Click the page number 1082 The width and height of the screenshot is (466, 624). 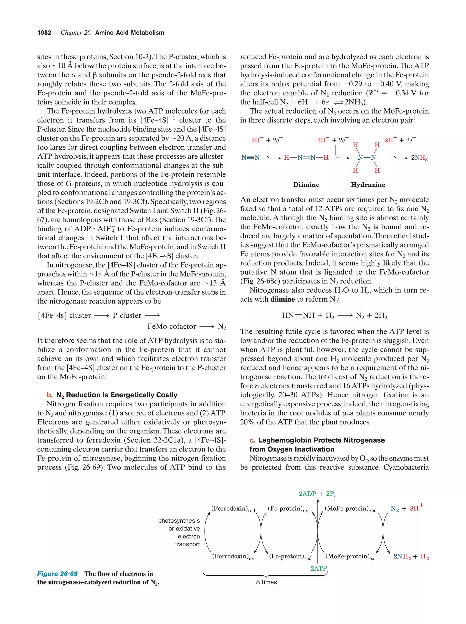click(44, 33)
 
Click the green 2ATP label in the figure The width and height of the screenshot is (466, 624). click(319, 568)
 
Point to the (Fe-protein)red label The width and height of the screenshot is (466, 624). click(290, 556)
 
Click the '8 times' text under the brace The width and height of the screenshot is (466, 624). click(266, 582)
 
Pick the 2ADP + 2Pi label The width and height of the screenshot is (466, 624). click(317, 494)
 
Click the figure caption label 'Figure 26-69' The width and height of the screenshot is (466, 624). click(57, 574)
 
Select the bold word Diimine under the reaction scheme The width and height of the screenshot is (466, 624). click(306, 185)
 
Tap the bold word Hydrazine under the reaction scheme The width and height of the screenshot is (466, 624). click(368, 185)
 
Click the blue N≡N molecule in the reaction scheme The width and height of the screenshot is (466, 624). click(250, 157)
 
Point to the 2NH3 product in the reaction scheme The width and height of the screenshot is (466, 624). click(419, 158)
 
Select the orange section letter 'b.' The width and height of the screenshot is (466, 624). click(50, 395)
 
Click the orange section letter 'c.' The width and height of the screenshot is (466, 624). click(252, 440)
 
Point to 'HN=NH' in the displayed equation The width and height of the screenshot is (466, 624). click(298, 315)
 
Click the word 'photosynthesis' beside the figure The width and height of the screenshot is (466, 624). click(179, 521)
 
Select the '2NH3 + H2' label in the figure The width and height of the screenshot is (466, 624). click(411, 557)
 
